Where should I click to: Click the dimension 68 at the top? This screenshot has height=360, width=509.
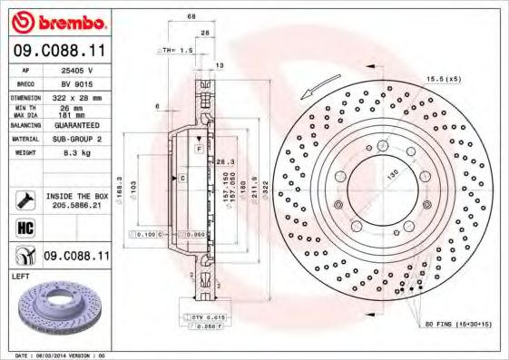point(191,17)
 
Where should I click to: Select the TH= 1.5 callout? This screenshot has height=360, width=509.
point(178,51)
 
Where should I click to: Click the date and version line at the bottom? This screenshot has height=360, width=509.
point(62,355)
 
